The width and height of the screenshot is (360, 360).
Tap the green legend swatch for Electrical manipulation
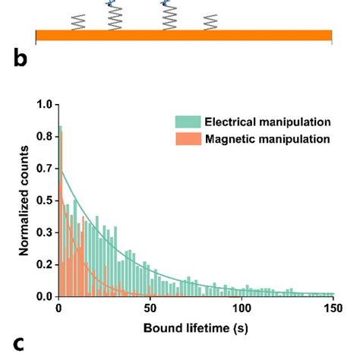pyautogui.click(x=187, y=122)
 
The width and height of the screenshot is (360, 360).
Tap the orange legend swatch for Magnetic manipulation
pyautogui.click(x=187, y=138)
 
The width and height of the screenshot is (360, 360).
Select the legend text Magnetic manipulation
pyautogui.click(x=265, y=138)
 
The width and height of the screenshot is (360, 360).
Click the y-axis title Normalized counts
pyautogui.click(x=24, y=201)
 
